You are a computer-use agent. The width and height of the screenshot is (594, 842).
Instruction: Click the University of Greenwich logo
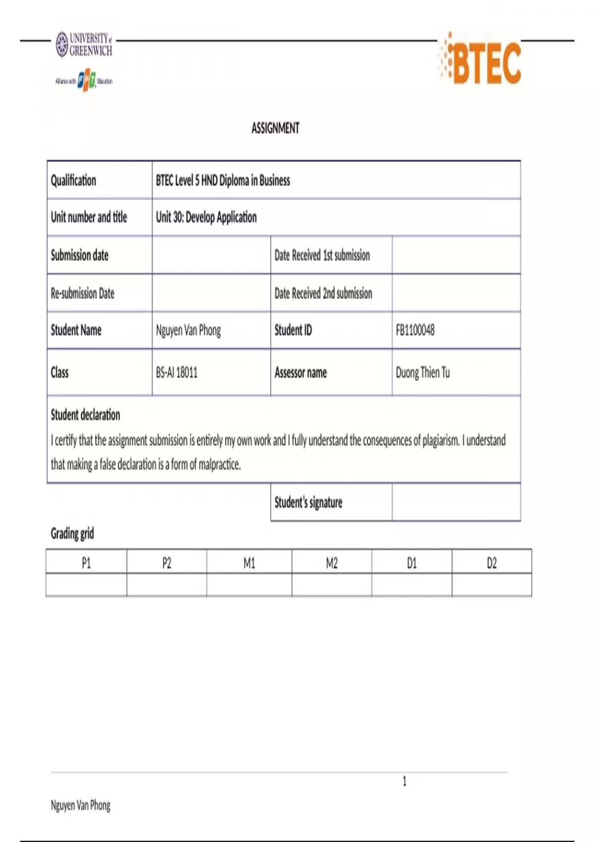pos(84,45)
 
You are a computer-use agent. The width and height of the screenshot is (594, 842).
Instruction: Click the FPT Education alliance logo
pos(84,81)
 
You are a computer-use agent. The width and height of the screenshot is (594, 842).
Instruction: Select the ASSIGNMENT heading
pos(275,128)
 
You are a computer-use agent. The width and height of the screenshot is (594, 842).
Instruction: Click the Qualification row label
pos(74,180)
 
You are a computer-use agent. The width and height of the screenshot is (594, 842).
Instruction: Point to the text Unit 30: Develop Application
pos(206,217)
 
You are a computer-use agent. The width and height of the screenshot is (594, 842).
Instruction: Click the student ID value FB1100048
pos(415,330)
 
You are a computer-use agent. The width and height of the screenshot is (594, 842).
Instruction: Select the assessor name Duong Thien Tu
pos(423,372)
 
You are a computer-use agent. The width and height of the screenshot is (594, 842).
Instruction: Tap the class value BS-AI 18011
pos(177,372)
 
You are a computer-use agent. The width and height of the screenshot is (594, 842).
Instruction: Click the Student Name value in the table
pos(189,330)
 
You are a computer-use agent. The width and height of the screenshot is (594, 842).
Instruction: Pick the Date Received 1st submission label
pos(322,256)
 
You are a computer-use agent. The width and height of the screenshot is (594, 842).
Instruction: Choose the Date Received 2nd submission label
pos(323,293)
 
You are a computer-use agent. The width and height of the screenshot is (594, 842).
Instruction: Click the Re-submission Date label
pos(83,293)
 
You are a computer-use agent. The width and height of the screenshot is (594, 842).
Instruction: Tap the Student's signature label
pos(308,503)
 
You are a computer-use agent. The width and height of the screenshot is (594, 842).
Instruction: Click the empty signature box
pos(456,502)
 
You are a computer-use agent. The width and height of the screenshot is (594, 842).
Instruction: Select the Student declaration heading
pos(86,415)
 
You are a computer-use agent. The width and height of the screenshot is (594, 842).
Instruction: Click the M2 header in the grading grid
pos(332,563)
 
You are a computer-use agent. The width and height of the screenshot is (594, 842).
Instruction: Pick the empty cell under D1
pos(411,585)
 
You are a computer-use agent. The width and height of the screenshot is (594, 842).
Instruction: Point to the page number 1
pos(404,782)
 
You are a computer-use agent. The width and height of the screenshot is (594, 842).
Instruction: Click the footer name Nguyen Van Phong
pos(81,805)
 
